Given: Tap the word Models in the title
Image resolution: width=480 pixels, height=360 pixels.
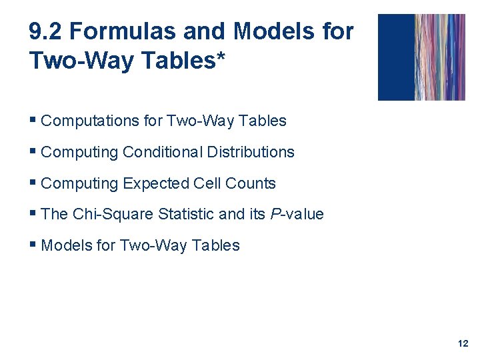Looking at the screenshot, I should click(x=267, y=31).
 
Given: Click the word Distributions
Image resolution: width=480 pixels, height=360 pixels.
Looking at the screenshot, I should click(x=251, y=152).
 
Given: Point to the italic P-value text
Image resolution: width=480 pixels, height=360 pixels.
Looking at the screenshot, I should click(x=296, y=214).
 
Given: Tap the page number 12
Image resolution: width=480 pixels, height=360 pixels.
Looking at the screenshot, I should click(x=463, y=343).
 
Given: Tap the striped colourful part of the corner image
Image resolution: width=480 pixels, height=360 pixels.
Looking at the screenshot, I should click(x=440, y=57).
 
